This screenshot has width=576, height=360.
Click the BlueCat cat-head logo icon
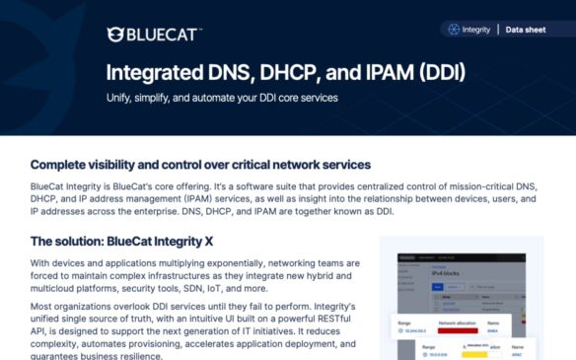coord(115,35)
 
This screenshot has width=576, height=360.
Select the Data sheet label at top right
coord(526,30)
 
